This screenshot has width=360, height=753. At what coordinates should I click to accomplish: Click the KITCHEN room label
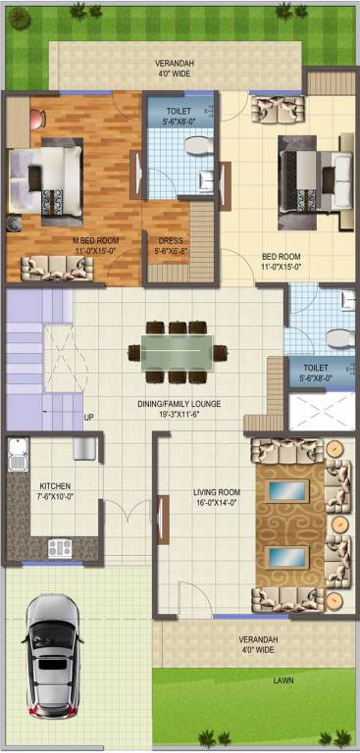pyautogui.click(x=55, y=486)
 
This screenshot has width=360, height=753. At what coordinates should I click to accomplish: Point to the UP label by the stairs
pyautogui.click(x=88, y=417)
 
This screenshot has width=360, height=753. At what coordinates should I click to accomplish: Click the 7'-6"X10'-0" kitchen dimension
pyautogui.click(x=55, y=497)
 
